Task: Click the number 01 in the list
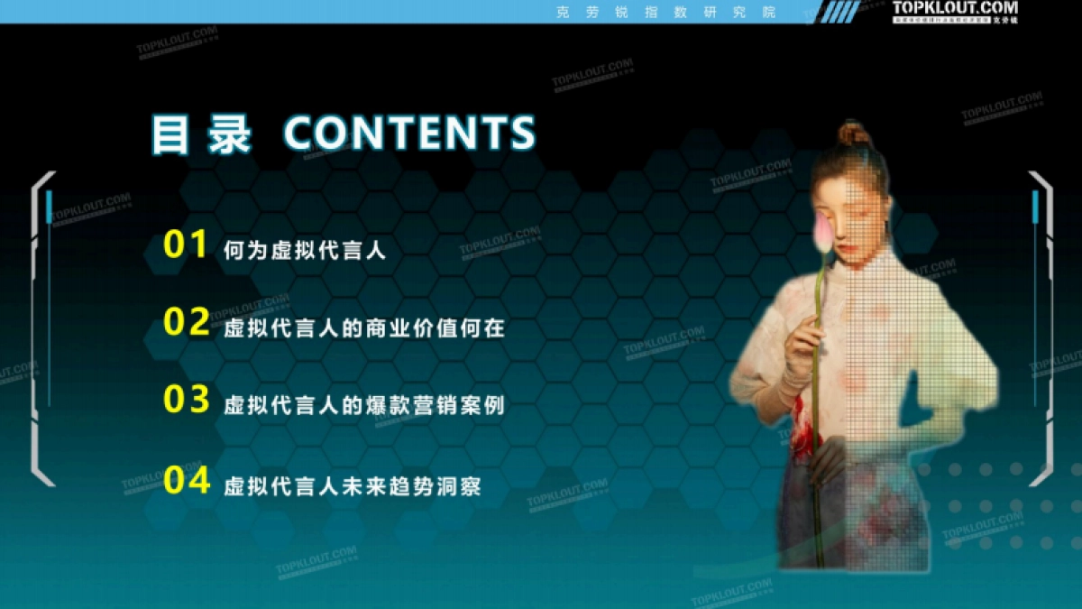click(x=186, y=245)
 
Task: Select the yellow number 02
click(x=187, y=322)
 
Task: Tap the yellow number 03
click(x=187, y=400)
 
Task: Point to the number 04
click(x=187, y=479)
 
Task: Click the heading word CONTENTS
click(x=409, y=134)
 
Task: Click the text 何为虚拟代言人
click(x=305, y=251)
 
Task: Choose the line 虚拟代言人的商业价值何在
click(x=363, y=328)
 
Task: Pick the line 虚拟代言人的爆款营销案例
click(x=363, y=406)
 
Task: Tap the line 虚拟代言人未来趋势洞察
click(x=352, y=486)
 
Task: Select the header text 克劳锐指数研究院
click(x=667, y=12)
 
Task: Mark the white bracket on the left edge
click(x=41, y=329)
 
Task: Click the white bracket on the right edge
click(x=1041, y=329)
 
